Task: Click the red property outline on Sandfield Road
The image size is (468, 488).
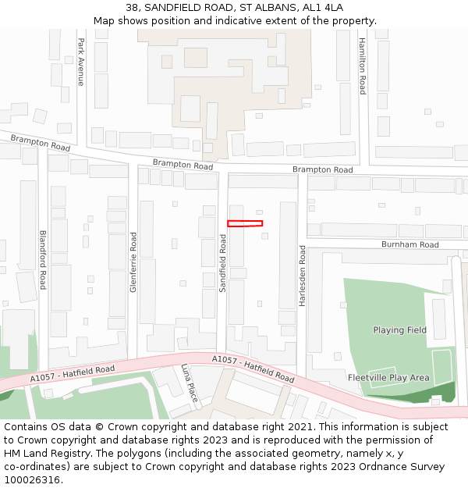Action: (245, 224)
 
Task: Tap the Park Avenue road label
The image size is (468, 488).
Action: (80, 62)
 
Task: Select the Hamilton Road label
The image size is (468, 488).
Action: (362, 66)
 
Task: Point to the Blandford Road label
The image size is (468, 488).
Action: (43, 259)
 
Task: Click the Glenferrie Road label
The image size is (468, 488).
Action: (133, 262)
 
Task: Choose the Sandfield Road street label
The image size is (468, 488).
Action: (222, 264)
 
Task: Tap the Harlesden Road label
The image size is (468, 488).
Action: (302, 276)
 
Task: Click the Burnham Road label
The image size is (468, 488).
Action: (409, 244)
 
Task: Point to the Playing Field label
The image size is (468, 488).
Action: (399, 330)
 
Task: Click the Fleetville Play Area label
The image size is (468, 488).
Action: (388, 378)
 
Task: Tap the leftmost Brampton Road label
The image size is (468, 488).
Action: (41, 142)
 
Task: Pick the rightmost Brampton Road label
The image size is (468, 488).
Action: (322, 169)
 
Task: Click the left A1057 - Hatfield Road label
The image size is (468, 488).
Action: (73, 374)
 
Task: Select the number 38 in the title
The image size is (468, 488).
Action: (133, 8)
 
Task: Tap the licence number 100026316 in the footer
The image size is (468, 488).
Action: (32, 479)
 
